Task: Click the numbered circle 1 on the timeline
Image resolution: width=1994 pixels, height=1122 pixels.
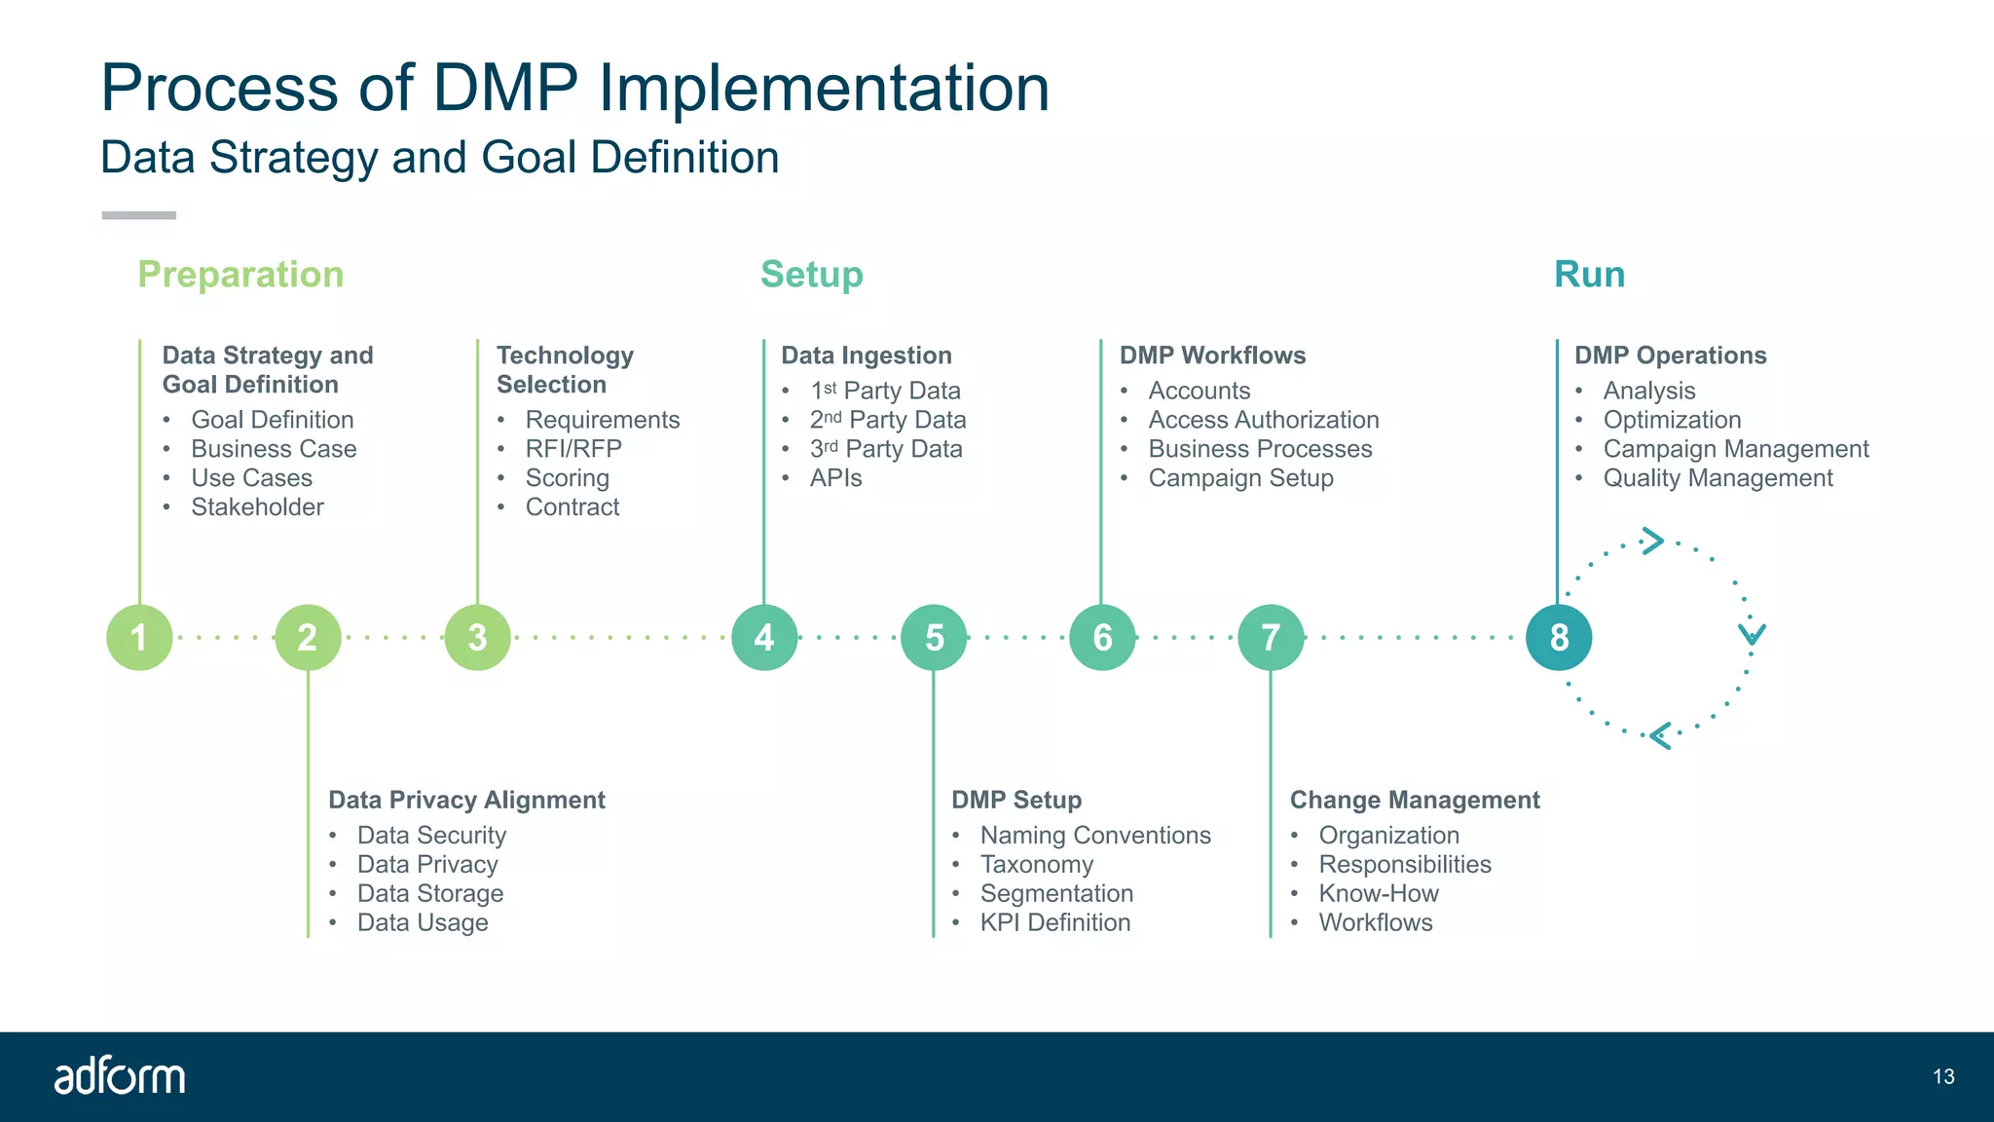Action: click(139, 637)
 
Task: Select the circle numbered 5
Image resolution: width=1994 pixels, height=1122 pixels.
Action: click(934, 637)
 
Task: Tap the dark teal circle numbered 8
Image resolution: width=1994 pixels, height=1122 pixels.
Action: click(1559, 637)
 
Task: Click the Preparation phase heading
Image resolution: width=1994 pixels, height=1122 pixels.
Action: click(240, 275)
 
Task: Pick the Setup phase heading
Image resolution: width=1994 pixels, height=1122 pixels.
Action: click(811, 275)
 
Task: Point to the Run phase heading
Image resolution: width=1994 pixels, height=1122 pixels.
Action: click(1589, 275)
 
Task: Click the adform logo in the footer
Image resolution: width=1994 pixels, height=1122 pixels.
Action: click(119, 1076)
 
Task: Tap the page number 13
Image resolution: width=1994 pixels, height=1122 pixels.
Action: click(1943, 1076)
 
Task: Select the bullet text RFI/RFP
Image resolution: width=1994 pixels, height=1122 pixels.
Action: click(573, 449)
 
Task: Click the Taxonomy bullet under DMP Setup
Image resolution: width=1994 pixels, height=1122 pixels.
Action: click(1036, 865)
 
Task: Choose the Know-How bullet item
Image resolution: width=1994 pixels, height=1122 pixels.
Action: click(1378, 894)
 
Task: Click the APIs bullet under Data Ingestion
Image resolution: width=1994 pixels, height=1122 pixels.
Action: click(835, 478)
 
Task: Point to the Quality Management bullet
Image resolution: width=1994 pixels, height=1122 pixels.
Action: click(1717, 478)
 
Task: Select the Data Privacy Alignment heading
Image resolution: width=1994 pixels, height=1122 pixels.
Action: click(466, 801)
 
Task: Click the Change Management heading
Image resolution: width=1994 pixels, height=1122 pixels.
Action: click(1415, 801)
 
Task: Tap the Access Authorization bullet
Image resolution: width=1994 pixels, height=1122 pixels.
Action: click(1263, 420)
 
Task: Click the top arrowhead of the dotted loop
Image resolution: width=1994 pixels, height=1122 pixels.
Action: click(1652, 541)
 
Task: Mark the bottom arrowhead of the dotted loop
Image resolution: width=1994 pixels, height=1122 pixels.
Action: click(1661, 735)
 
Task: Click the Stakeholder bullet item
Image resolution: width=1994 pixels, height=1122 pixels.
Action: click(257, 507)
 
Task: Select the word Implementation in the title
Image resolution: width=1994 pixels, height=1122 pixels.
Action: click(824, 88)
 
